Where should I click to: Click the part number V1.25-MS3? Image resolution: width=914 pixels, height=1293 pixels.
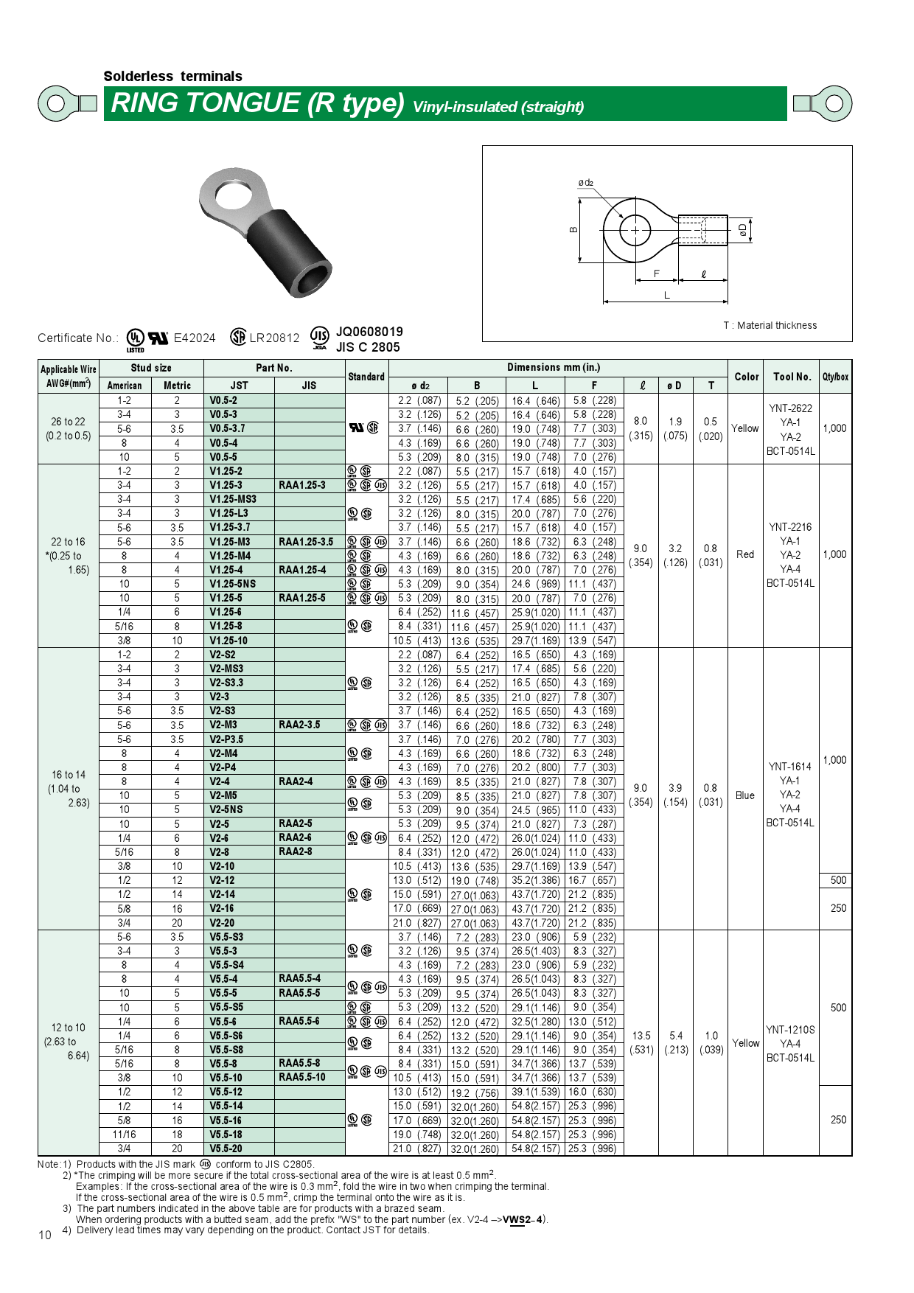coord(233,499)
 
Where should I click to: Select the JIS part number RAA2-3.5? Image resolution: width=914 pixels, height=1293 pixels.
coord(299,725)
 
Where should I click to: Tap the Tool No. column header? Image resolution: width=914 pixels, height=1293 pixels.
coord(792,377)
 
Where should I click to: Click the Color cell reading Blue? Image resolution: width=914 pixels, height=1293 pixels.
coord(744,795)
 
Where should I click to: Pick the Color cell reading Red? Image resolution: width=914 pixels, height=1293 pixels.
coord(744,554)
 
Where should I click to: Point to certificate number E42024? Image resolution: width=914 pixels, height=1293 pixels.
coord(195,338)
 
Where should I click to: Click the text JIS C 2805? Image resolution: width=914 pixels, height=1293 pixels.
coord(368,347)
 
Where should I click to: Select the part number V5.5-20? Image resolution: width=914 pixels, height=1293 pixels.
coord(226,1149)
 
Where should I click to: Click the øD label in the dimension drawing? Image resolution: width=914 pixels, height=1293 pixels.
coord(743,230)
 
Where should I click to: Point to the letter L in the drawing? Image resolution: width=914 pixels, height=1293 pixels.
coord(666,296)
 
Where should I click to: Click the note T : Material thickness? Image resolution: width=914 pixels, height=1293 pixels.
coord(770,325)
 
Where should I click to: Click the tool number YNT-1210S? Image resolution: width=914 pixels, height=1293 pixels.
coord(790,1030)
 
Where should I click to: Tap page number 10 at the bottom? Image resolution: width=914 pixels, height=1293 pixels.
coord(44,1236)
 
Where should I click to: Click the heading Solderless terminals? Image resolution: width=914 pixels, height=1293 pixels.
coord(172,77)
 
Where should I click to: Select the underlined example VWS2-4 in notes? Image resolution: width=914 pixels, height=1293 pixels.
coord(528,1219)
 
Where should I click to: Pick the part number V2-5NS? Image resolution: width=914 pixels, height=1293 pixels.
coord(230,809)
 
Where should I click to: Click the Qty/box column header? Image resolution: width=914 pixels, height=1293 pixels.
coord(835,377)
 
